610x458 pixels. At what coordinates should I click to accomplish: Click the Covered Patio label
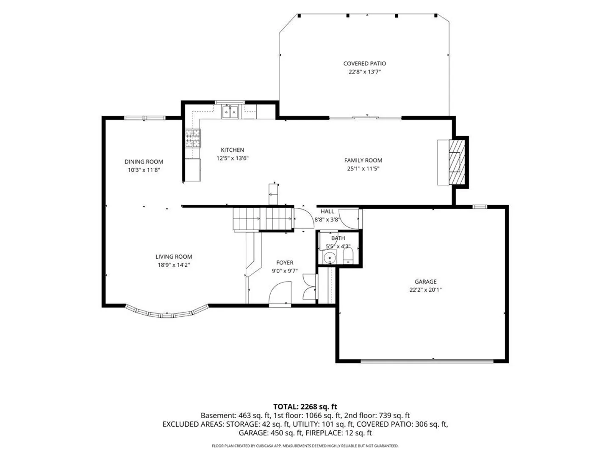click(364, 64)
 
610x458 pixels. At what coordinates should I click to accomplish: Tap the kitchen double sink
click(230, 112)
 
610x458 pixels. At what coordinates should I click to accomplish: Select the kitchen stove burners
click(193, 138)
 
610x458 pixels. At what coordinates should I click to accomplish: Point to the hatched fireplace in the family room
click(457, 162)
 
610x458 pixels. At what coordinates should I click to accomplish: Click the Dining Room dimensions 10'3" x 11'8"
click(144, 170)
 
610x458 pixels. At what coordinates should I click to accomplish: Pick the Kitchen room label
click(232, 150)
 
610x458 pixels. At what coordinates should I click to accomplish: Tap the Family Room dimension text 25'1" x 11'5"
click(363, 168)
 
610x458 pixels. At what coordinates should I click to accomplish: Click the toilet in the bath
click(348, 255)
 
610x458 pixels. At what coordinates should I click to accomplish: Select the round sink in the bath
click(330, 257)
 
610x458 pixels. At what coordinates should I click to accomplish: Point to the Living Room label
click(174, 257)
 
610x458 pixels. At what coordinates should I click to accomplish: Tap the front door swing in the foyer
click(280, 293)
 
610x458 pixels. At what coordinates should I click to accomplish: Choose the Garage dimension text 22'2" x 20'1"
click(425, 290)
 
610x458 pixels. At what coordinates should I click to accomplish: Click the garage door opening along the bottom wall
click(427, 361)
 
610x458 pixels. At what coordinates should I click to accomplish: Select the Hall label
click(327, 211)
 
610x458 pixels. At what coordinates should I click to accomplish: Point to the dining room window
click(144, 118)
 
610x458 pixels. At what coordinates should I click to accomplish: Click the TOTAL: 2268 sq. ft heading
click(305, 407)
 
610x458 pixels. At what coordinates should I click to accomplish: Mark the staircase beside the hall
click(263, 219)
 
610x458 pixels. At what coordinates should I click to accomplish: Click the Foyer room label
click(285, 263)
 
